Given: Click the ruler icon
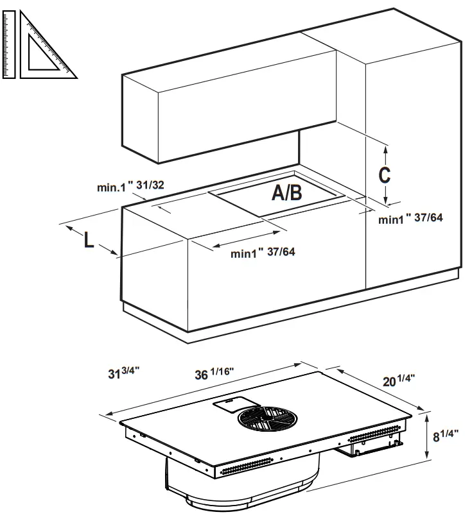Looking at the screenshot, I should (x=8, y=44).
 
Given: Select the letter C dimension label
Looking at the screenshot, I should (x=383, y=174).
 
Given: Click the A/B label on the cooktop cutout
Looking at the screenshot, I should (x=286, y=192).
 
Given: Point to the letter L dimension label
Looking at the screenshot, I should (x=89, y=239).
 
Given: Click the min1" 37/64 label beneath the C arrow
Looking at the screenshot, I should (x=410, y=219).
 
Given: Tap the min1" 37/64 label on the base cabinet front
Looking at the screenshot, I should (x=263, y=253).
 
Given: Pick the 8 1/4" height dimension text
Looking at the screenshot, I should (x=450, y=436).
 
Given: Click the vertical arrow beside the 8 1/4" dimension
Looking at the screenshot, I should (x=428, y=436).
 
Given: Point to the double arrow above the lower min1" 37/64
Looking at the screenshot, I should (x=245, y=237).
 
